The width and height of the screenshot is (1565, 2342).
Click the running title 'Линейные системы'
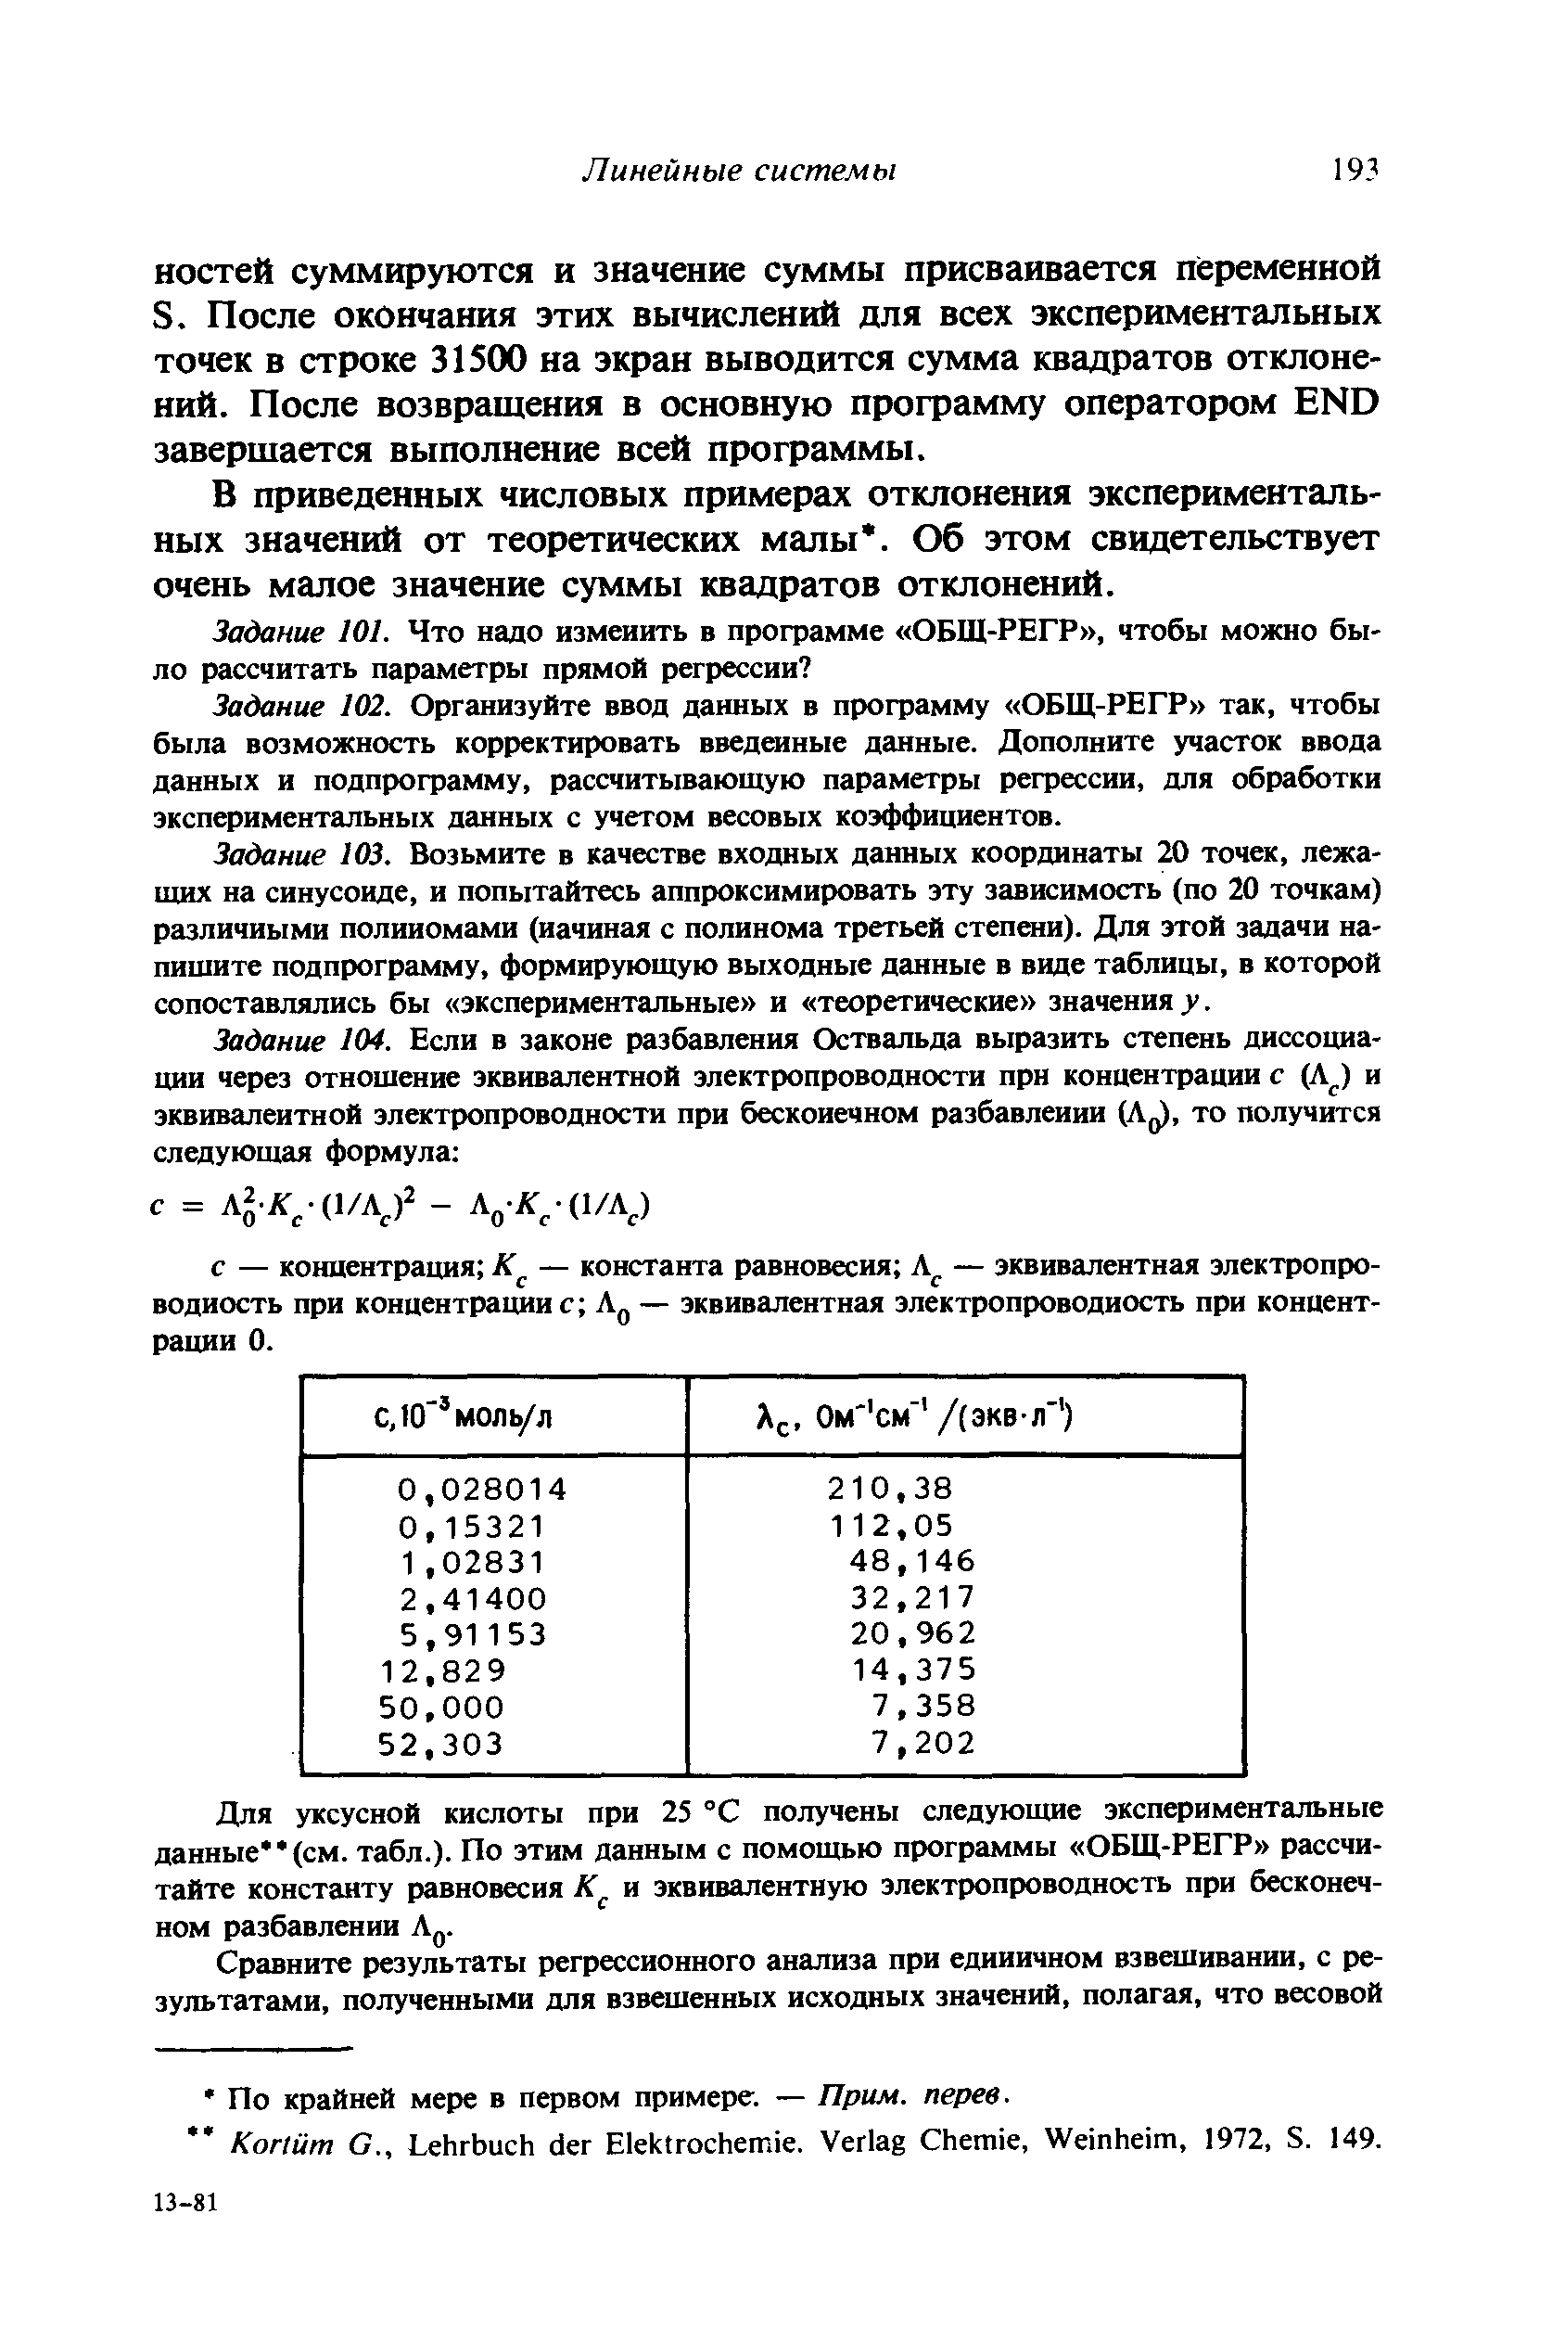click(x=739, y=171)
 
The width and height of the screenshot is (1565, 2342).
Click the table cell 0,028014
click(x=482, y=1490)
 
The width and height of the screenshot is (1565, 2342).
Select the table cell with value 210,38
click(x=890, y=1490)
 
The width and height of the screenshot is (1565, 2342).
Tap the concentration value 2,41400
click(x=473, y=1599)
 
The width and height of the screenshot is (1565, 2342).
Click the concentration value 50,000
click(x=442, y=1707)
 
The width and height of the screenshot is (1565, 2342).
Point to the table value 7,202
click(x=922, y=1744)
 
